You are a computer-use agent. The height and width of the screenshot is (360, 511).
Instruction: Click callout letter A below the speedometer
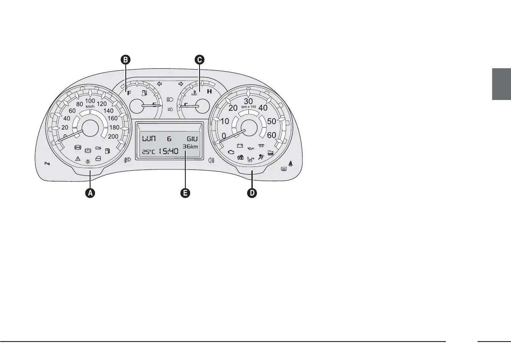(x=90, y=194)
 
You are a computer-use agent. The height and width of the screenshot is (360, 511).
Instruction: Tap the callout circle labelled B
(x=125, y=60)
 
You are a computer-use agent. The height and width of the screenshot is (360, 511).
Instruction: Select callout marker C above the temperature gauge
(x=199, y=60)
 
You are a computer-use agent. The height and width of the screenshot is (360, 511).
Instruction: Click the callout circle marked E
(x=185, y=194)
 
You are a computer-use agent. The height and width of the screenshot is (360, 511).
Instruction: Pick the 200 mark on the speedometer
(x=113, y=136)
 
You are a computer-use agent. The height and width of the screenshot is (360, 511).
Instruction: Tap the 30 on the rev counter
(x=248, y=101)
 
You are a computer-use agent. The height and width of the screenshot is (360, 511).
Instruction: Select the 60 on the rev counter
(x=272, y=135)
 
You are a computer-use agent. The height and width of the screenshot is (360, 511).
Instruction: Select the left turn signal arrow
(x=159, y=84)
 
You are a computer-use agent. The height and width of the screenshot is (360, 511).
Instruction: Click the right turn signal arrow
(x=181, y=84)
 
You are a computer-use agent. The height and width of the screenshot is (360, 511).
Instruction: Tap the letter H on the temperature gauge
(x=209, y=91)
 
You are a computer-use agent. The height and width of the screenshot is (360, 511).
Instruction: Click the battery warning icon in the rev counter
(x=240, y=145)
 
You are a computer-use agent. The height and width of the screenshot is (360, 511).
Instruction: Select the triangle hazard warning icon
(x=78, y=158)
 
